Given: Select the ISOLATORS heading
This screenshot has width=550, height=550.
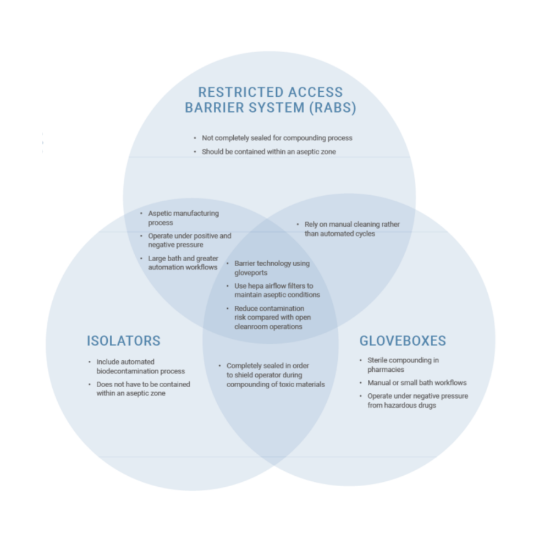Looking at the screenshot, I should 123,341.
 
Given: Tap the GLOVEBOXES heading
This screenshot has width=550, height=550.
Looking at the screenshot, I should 403,341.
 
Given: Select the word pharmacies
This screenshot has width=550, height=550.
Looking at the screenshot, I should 386,370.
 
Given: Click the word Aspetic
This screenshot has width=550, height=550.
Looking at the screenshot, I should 161,213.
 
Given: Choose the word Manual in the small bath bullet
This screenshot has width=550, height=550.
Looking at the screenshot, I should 379,383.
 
